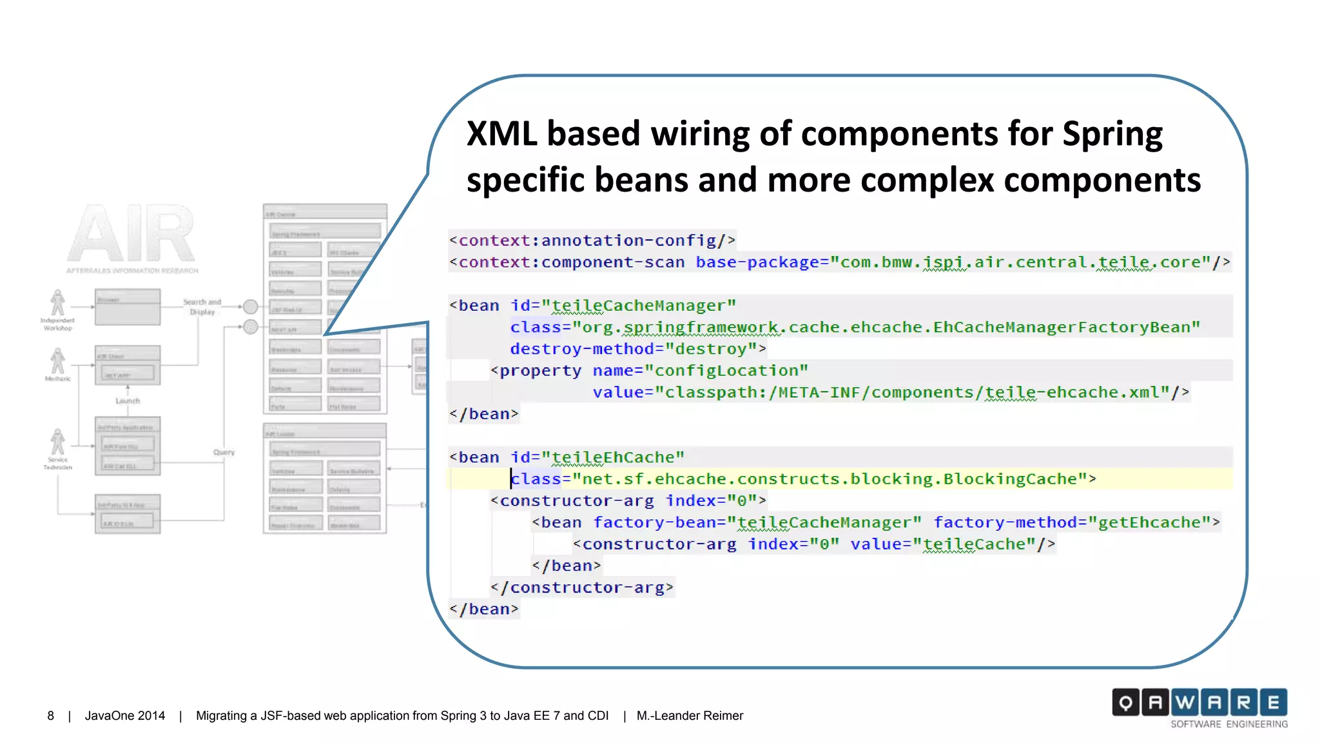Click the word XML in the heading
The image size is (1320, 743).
501,134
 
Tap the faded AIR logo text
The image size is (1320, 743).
131,234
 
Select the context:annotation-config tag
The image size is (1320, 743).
592,241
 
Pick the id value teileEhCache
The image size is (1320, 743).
612,457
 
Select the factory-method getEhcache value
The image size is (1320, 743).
1149,522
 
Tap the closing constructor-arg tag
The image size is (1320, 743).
581,588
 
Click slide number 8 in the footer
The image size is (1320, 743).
50,716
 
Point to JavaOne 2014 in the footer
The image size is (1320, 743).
125,716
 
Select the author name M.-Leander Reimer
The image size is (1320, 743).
690,716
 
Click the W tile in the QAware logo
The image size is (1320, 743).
1185,702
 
